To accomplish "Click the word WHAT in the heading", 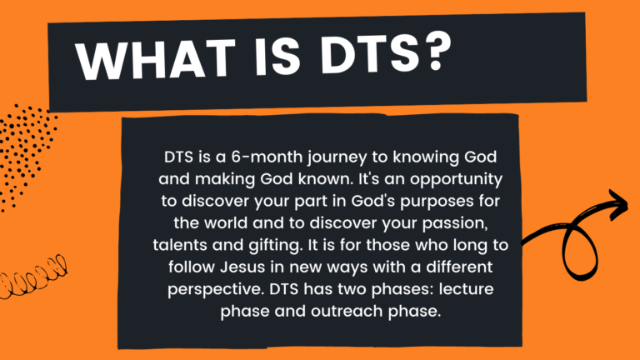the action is click(156, 58).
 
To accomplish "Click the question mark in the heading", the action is click(437, 52).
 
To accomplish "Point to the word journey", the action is click(337, 158).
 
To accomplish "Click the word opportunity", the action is click(457, 180).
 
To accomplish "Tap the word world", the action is click(226, 222).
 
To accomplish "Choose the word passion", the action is click(456, 224).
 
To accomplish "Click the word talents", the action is click(180, 245).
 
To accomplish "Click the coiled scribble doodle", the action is click(32, 277).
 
